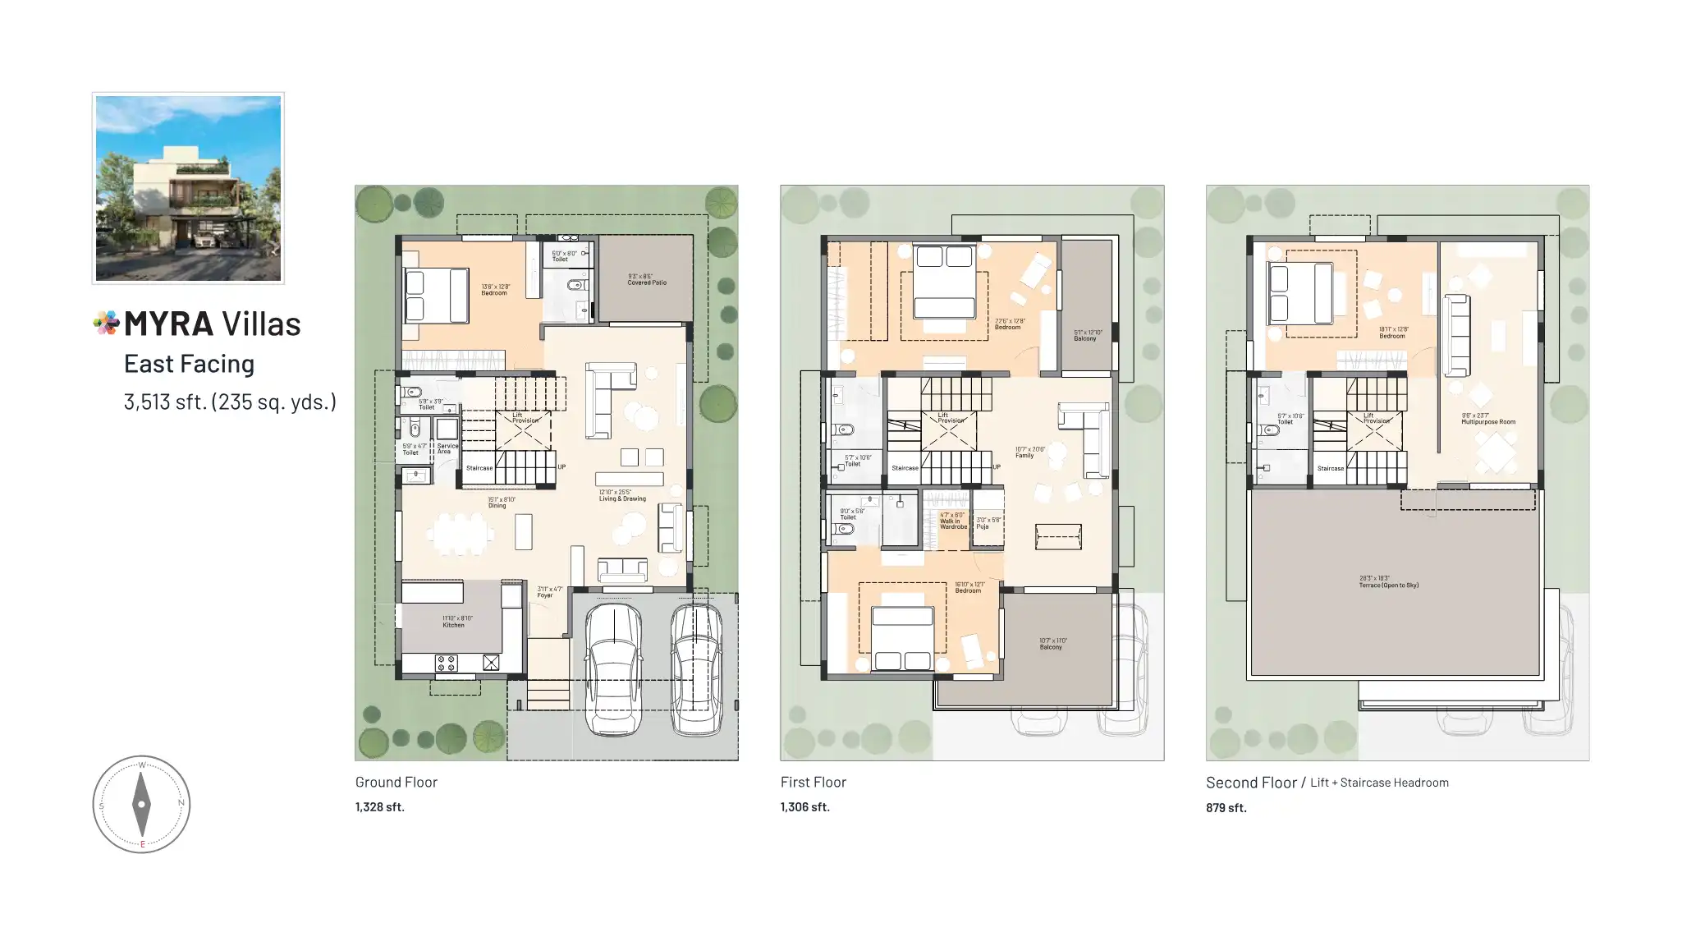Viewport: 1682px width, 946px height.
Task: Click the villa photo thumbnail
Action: coord(188,188)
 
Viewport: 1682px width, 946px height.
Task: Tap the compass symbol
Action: coord(141,804)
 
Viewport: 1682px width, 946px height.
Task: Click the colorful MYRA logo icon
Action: coord(106,323)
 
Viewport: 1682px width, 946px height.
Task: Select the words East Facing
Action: coord(189,364)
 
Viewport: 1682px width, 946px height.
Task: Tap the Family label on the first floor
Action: coord(1025,456)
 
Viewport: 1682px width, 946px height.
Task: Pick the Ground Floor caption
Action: coord(396,783)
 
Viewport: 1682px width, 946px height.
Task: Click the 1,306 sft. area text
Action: coord(804,807)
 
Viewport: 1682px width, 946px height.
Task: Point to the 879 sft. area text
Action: coord(1226,808)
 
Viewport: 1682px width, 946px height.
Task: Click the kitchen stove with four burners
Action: coord(446,663)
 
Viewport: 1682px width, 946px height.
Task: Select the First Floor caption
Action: coord(813,783)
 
